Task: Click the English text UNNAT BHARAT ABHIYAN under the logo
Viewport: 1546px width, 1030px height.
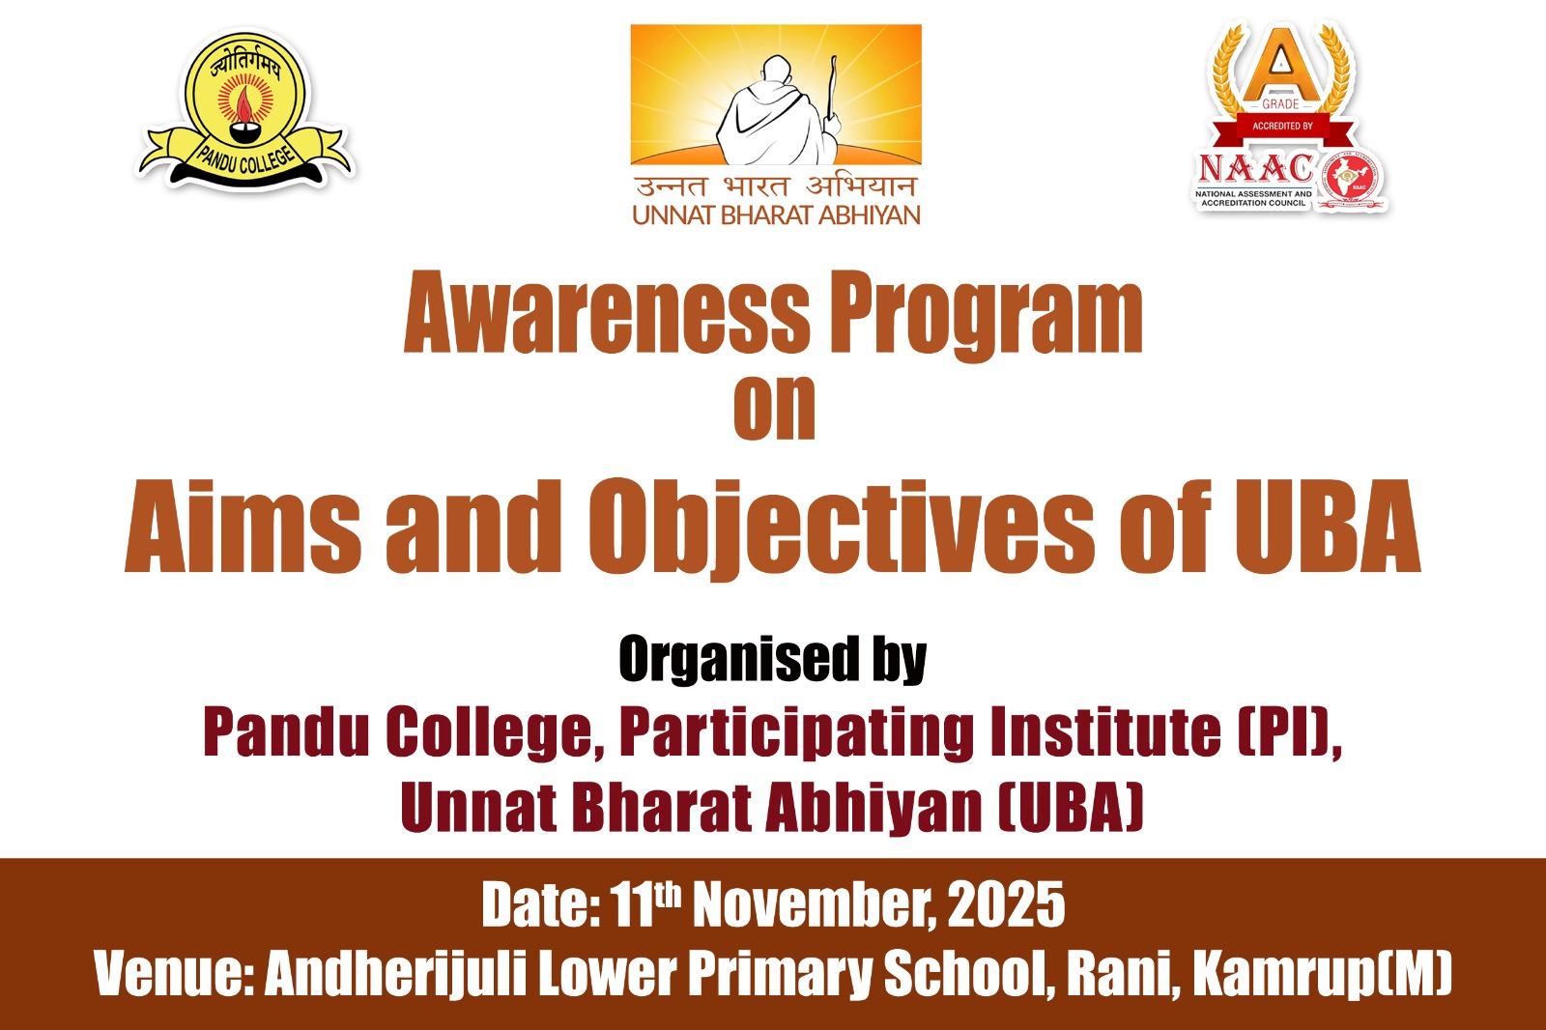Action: pos(776,215)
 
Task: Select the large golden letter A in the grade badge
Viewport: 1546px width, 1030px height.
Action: pos(1281,66)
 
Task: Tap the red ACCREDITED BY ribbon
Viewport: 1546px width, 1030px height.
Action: pos(1282,127)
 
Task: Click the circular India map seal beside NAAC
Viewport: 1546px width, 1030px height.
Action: pos(1352,181)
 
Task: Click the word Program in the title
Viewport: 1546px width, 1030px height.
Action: pos(986,316)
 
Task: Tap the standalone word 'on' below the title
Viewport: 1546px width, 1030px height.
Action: pos(774,408)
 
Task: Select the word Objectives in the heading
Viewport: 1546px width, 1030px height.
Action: pos(842,529)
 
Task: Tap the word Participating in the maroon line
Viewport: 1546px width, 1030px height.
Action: pos(797,733)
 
